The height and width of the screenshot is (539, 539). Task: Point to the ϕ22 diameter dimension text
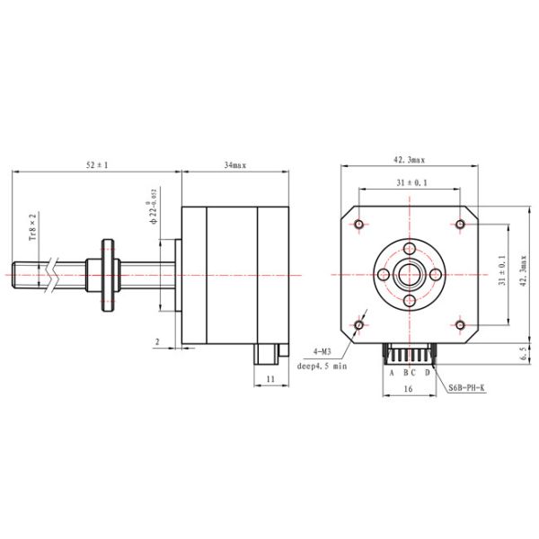pos(154,206)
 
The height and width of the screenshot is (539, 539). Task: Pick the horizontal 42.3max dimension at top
pos(410,159)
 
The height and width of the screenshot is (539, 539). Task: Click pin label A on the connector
pos(391,371)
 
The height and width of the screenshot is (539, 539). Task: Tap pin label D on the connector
pos(427,371)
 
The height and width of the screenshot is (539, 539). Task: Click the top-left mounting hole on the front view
pos(359,223)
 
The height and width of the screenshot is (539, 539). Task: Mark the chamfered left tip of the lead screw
pos(15,273)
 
